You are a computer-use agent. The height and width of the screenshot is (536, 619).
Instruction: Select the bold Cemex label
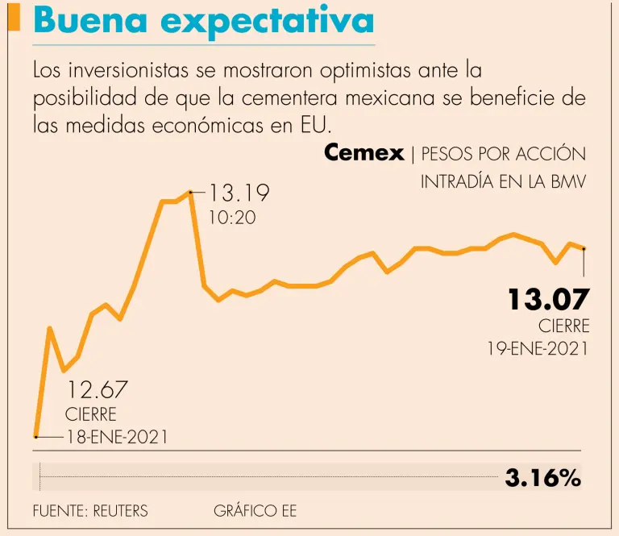click(x=364, y=153)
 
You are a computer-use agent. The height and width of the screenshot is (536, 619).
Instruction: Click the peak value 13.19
click(x=239, y=193)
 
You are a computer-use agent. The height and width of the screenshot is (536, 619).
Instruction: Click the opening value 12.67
click(x=97, y=390)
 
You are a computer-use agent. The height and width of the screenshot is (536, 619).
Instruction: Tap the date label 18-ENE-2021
click(x=116, y=437)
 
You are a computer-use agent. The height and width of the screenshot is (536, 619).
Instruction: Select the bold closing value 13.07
click(x=548, y=300)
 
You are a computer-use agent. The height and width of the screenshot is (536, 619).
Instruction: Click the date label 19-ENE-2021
click(x=538, y=349)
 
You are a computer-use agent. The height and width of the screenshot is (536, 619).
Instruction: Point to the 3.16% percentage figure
click(x=542, y=478)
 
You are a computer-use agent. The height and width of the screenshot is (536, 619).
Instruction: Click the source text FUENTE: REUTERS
click(x=90, y=511)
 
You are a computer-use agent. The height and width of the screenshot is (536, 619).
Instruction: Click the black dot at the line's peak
click(x=190, y=192)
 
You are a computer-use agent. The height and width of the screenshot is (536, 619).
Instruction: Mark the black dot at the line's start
click(x=35, y=436)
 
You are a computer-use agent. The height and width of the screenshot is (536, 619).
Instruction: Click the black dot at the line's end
click(x=584, y=249)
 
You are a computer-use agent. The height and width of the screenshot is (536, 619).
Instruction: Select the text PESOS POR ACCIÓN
click(x=504, y=154)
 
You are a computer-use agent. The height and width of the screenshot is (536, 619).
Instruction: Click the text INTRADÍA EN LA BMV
click(x=503, y=182)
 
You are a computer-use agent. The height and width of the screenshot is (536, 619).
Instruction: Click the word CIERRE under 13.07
click(x=564, y=326)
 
